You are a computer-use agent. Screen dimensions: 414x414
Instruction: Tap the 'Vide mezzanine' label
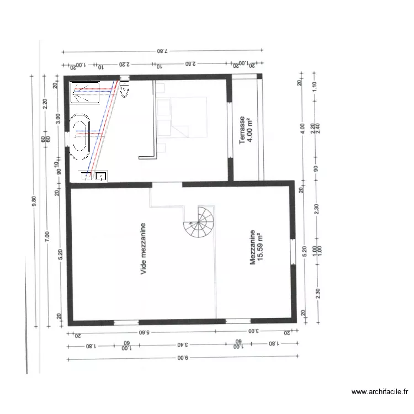pyautogui.click(x=144, y=249)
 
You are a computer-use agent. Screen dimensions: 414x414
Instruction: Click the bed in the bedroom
pyautogui.click(x=182, y=116)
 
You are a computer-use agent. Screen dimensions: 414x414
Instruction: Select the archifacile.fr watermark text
pyautogui.click(x=380, y=392)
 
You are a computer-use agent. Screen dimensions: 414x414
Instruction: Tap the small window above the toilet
pyautogui.click(x=125, y=77)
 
